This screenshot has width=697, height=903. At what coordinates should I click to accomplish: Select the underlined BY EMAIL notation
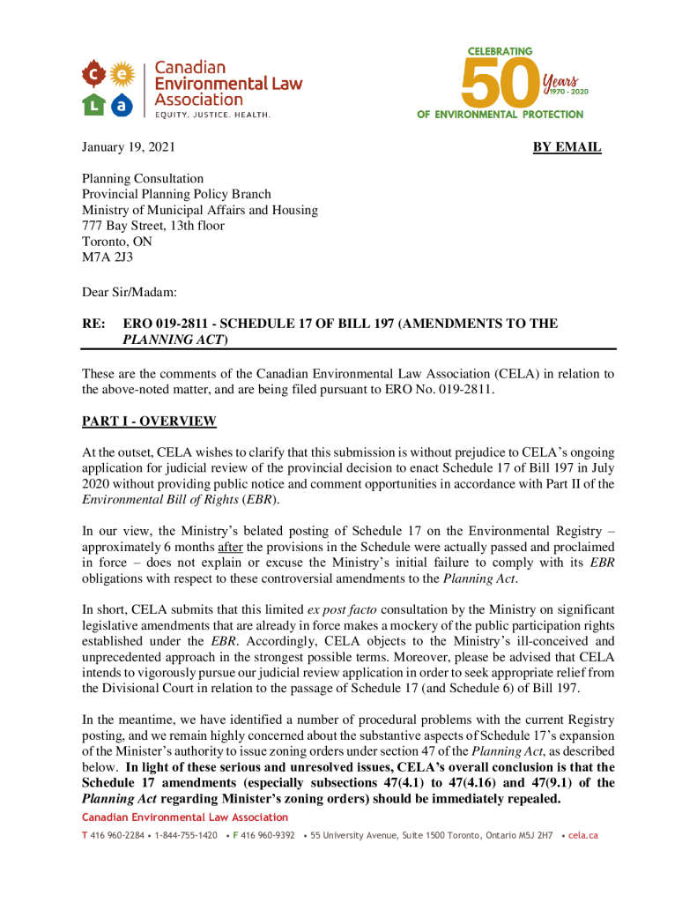567,147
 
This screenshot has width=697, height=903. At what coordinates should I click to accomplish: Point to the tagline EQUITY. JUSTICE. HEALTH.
212,115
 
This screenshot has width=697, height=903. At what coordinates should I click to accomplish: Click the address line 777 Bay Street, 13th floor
153,227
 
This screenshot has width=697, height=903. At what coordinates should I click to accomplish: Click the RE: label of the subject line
93,324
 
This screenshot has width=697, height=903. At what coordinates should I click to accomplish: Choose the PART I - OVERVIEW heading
149,422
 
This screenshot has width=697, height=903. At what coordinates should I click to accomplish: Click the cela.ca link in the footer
583,835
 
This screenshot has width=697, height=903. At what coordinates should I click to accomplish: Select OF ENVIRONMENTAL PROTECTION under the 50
500,115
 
